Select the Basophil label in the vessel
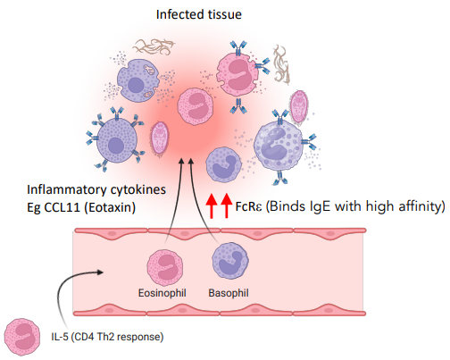[x=229, y=292]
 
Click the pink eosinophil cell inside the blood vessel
[x=165, y=267]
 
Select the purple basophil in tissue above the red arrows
[x=223, y=167]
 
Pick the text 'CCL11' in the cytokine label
[x=67, y=207]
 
